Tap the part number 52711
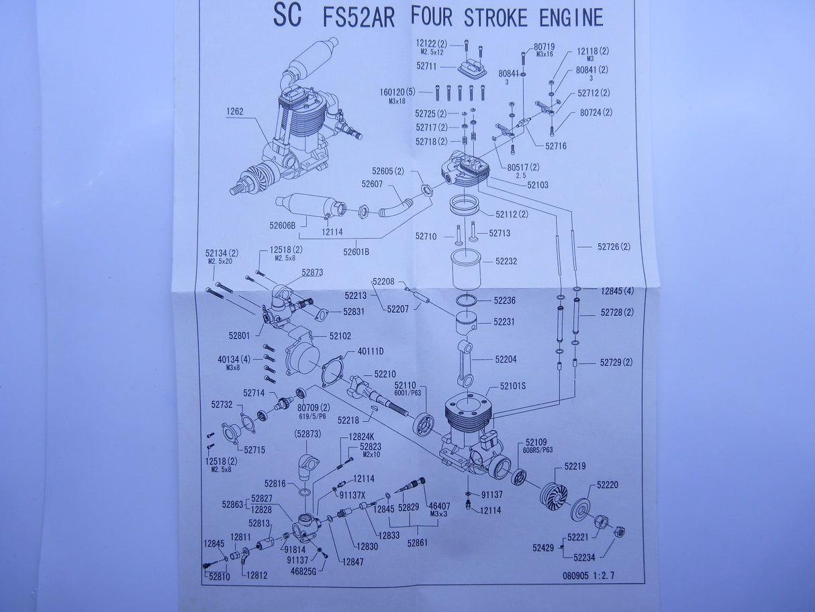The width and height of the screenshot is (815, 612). [426, 67]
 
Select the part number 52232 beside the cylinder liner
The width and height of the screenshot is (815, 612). [506, 261]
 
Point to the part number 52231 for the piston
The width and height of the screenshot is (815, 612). [504, 322]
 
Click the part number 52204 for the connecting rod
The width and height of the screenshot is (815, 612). [506, 359]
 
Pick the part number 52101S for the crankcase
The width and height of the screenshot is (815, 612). [513, 387]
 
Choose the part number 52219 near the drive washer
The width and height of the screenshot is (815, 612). [575, 466]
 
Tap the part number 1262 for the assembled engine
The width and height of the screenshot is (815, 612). [235, 112]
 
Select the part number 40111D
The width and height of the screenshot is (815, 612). [371, 351]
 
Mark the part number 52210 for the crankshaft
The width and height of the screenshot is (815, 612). [385, 374]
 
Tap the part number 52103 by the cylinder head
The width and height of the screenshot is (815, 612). [538, 184]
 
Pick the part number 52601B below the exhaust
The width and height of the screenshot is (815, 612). [356, 252]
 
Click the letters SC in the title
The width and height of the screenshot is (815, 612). [287, 15]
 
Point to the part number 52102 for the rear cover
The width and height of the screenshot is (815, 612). [340, 335]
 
